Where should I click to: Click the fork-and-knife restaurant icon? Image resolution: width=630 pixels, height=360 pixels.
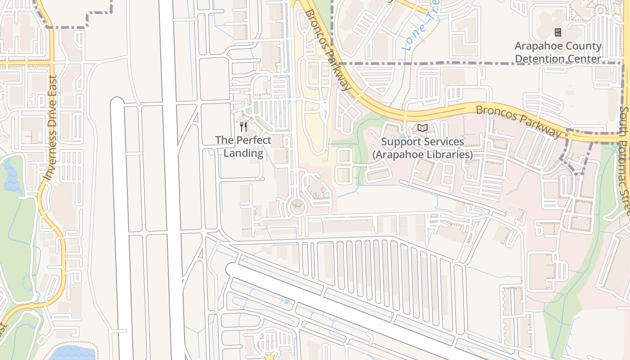[x=243, y=127]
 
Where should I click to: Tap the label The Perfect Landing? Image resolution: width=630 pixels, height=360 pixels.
[x=243, y=147]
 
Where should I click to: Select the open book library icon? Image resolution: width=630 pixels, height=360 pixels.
[x=422, y=128]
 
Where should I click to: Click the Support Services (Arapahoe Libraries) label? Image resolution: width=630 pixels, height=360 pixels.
[x=422, y=148]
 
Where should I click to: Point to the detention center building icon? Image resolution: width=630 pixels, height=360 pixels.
[x=558, y=32]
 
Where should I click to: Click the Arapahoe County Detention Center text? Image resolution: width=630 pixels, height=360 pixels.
[x=558, y=52]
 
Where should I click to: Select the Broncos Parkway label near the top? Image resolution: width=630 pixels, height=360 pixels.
[x=328, y=49]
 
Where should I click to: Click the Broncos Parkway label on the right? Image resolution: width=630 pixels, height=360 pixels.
[x=519, y=119]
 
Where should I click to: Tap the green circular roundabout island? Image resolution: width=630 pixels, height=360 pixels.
[x=297, y=207]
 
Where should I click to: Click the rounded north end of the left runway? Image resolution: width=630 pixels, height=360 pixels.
[x=117, y=103]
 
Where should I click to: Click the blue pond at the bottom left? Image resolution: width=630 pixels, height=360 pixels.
[x=72, y=354]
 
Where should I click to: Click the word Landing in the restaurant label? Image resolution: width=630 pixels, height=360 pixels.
[x=243, y=153]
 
